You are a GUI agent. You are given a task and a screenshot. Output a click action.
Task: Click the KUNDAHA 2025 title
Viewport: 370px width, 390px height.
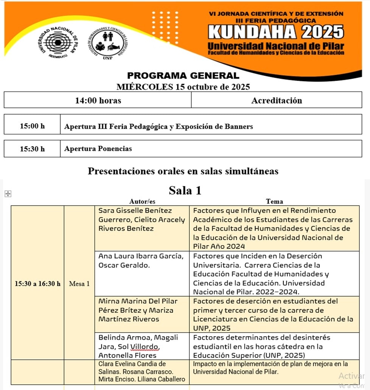point(276,32)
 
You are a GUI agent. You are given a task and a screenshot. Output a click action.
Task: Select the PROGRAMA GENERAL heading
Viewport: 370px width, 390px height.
point(183,76)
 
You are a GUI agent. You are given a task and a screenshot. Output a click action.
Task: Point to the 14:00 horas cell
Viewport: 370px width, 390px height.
point(98,100)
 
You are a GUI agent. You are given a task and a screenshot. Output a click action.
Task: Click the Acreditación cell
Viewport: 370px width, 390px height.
point(277,100)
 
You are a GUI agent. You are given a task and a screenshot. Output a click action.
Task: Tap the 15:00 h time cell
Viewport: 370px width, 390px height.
point(32,126)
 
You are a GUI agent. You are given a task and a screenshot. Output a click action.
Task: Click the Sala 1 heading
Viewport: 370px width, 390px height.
point(185,190)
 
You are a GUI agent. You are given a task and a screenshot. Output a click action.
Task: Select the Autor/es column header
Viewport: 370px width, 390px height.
point(142,201)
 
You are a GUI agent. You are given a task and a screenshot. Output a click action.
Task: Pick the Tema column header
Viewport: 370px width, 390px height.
point(274,201)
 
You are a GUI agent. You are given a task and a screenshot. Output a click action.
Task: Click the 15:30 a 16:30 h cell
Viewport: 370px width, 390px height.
point(37,283)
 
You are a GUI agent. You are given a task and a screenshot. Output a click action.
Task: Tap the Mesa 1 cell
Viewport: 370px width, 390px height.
point(79,283)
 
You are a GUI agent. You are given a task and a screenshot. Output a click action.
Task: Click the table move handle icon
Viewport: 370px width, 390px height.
point(7,194)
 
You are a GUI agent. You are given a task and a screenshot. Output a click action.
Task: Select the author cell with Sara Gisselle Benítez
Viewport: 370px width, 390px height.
point(142,219)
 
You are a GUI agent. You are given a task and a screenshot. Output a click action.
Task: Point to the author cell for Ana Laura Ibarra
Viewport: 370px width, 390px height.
point(141,261)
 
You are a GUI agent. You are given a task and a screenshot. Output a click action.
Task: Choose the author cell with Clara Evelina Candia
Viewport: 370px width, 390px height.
point(142,371)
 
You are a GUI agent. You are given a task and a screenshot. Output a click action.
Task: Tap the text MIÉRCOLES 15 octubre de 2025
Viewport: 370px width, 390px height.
point(183,87)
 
